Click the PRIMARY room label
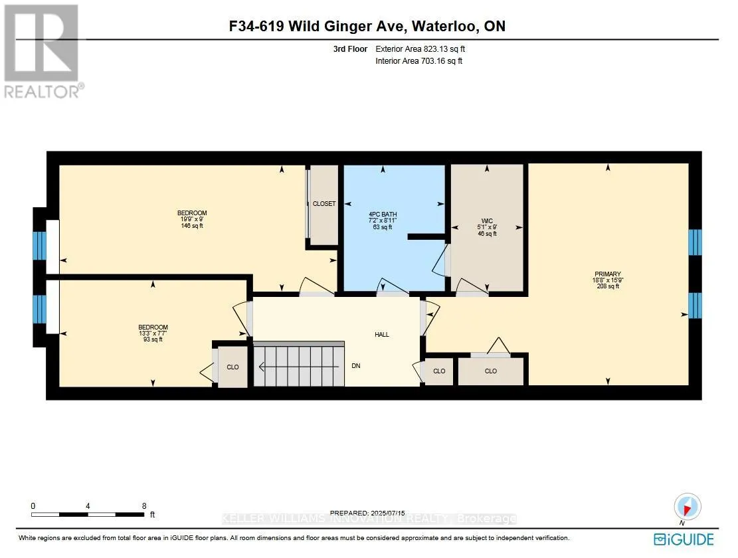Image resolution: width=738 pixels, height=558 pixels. tap(608, 274)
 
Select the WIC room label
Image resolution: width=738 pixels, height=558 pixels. tap(488, 221)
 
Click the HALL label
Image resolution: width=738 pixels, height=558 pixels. tap(382, 334)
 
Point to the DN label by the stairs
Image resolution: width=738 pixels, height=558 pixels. tap(355, 366)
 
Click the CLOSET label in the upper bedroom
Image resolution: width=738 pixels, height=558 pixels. tap(324, 204)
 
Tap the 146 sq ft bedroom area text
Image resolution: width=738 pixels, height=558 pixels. tap(192, 226)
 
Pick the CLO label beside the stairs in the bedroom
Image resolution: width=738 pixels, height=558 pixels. tap(232, 367)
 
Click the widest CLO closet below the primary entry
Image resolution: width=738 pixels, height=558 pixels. tap(491, 371)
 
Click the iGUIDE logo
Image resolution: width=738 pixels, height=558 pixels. tap(684, 538)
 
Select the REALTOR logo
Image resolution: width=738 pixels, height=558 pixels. tap(44, 52)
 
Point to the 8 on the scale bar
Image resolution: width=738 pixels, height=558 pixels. tap(144, 506)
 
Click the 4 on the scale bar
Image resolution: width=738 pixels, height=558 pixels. tap(88, 506)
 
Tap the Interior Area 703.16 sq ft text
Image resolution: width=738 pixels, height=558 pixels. tap(418, 61)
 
